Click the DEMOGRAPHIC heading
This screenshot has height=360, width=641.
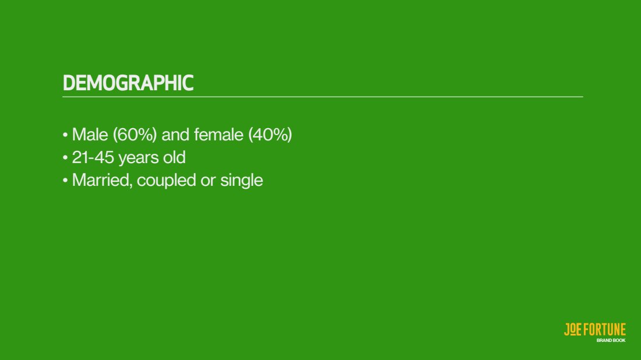(x=128, y=83)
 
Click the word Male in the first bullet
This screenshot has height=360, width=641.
(x=90, y=135)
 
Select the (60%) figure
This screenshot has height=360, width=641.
(x=135, y=135)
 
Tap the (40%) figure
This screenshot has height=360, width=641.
(x=270, y=135)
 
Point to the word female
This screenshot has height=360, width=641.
(x=219, y=135)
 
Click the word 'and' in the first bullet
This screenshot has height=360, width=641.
(x=175, y=135)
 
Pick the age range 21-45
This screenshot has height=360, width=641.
(x=93, y=157)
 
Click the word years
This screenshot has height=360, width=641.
(x=138, y=158)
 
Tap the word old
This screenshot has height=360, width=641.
(x=174, y=157)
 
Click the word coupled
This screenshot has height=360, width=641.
(x=167, y=181)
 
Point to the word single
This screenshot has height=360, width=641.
(x=242, y=181)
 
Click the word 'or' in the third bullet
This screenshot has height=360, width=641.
(x=208, y=182)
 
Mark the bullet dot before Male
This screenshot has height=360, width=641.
(x=65, y=135)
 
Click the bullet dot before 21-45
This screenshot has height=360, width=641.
(x=65, y=158)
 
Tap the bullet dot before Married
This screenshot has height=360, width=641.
(x=65, y=181)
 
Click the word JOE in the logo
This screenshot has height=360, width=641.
(x=573, y=329)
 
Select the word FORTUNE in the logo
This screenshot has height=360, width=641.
(x=604, y=329)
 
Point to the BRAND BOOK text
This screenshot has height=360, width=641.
(x=611, y=340)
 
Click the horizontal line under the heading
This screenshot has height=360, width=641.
(x=323, y=97)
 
